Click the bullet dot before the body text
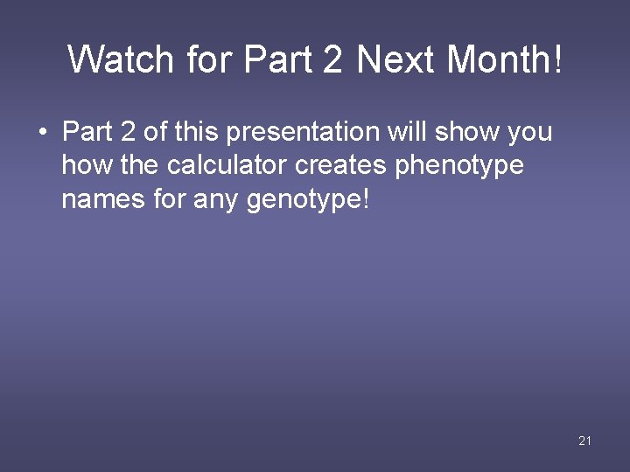point(42,133)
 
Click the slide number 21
point(585,441)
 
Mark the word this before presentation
point(198,132)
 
